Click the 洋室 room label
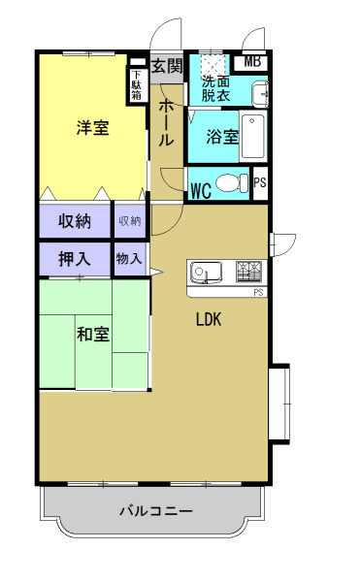93,128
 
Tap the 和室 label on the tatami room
93,335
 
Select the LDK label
210,319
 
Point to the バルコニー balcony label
156,510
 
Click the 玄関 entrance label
167,66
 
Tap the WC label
201,189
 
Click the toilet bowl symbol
230,181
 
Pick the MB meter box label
252,62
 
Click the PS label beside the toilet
259,182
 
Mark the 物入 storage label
129,259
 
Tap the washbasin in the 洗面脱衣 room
259,93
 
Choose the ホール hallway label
166,120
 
